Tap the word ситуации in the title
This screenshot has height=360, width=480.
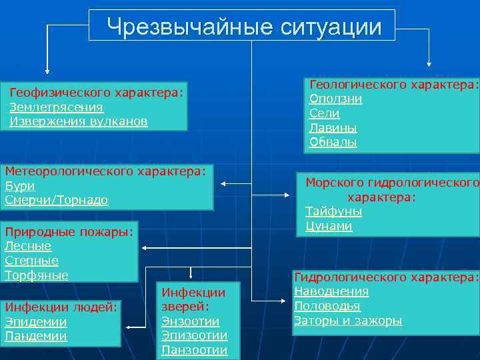point(331,27)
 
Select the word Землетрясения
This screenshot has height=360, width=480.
point(57,107)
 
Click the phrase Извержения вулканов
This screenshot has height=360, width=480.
point(79,122)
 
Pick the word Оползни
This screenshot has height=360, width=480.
point(336,99)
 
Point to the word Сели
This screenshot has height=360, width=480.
point(325,113)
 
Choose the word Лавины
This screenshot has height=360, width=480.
point(333,128)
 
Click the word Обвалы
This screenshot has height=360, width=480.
point(333,142)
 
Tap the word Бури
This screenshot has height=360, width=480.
point(19,186)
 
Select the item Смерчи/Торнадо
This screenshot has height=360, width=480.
point(57,201)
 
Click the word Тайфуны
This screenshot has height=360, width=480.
point(334,211)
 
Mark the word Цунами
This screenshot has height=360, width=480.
point(329,226)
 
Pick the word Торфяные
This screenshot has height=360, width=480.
point(37,275)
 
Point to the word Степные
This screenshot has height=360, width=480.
point(32,261)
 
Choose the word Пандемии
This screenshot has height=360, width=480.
point(36,336)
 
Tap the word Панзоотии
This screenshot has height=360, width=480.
point(194,350)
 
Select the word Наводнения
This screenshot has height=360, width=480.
point(332,291)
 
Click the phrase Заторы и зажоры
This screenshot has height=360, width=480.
point(348,321)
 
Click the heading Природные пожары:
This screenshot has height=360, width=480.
point(69,232)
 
